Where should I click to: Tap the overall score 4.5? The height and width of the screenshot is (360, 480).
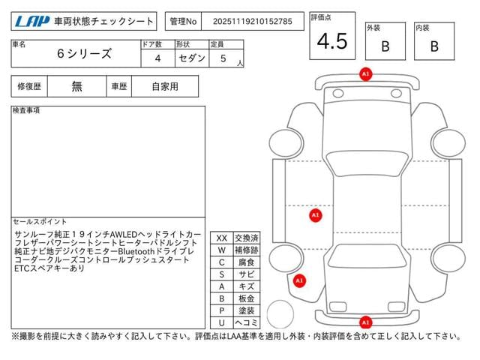pos(331,42)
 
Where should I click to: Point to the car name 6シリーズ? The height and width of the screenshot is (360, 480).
pos(84,54)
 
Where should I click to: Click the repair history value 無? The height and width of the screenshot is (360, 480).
pos(77,86)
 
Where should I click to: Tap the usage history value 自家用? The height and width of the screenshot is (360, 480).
pos(164,86)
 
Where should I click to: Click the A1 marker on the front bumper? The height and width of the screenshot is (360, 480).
pos(365,74)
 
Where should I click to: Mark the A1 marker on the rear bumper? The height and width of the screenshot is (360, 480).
pos(365,322)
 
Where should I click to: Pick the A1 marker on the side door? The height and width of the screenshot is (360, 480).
pos(316,215)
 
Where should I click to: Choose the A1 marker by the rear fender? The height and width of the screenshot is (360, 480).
pos(299,280)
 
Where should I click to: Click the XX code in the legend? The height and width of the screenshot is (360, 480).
pos(222,238)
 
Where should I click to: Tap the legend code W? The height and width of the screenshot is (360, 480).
pos(222,250)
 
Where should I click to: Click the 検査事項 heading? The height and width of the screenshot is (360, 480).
pos(26,110)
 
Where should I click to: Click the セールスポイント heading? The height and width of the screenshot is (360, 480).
pos(40,222)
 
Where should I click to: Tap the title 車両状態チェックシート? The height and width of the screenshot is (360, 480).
pos(104,21)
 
